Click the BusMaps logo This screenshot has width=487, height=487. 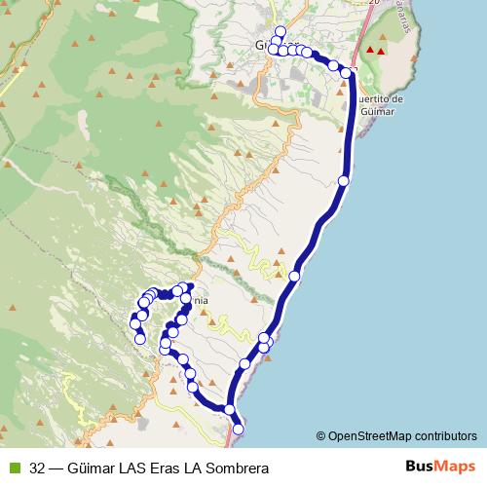click(436, 466)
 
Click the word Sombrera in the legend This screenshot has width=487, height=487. click(234, 468)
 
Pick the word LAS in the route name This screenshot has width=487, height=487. click(130, 468)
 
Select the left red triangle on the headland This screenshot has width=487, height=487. click(369, 50)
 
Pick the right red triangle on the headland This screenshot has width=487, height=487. click(381, 50)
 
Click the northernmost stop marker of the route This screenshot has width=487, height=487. click(281, 31)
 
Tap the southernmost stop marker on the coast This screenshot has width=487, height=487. click(237, 430)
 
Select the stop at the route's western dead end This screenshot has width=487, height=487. click(140, 339)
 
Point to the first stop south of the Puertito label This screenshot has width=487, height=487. click(343, 180)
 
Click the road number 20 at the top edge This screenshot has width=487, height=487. click(371, 3)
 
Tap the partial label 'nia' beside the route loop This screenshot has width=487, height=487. click(201, 301)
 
